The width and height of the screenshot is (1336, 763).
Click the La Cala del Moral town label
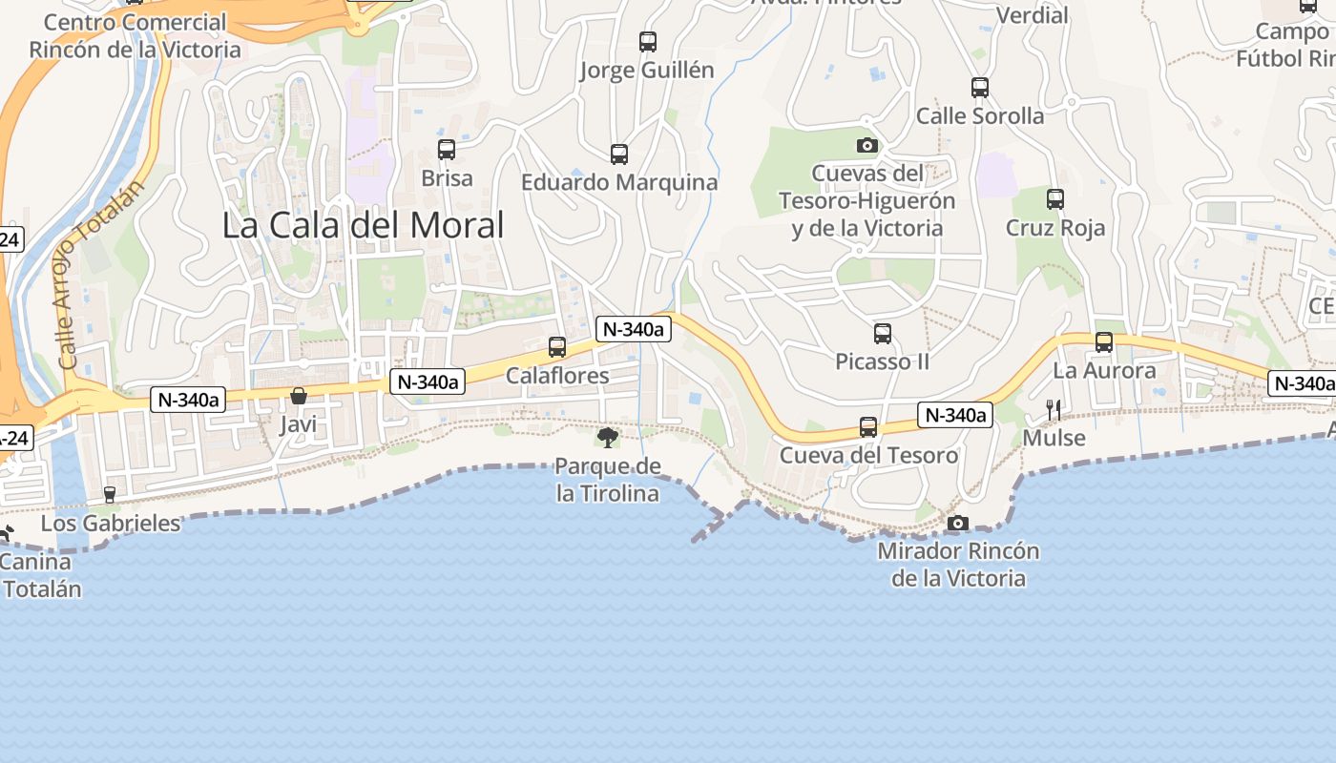tap(363, 226)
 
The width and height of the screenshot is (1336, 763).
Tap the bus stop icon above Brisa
tap(447, 150)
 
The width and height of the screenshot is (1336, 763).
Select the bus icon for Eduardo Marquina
tap(619, 154)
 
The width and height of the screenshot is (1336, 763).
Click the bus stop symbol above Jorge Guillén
tap(648, 42)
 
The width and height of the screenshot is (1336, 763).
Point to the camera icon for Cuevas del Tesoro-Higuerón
tap(867, 145)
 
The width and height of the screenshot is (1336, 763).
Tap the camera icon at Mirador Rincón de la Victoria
tap(958, 523)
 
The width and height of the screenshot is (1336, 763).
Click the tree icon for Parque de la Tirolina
tap(607, 438)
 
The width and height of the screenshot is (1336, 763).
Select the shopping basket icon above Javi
tap(299, 395)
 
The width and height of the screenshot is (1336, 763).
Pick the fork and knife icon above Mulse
tap(1054, 410)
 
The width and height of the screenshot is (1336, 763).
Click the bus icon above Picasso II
tap(883, 334)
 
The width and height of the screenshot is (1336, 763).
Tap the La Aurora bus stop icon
tap(1104, 342)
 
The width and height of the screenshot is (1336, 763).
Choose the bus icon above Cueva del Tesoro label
tap(868, 426)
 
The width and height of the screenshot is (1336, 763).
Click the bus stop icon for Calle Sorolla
tap(980, 88)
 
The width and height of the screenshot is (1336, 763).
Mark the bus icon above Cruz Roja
tap(1055, 199)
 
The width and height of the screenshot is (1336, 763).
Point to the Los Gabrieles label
tap(111, 523)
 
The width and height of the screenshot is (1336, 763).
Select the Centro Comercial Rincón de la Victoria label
tap(136, 35)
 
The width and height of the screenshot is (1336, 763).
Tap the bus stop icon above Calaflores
tap(557, 347)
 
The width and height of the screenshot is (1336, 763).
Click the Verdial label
tap(1033, 15)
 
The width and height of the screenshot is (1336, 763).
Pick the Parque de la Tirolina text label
tap(608, 480)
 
